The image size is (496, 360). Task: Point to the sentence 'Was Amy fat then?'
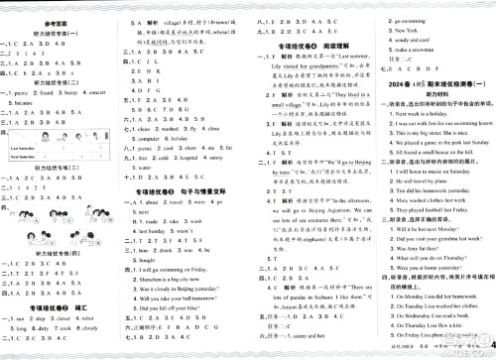(x=402, y=275)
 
